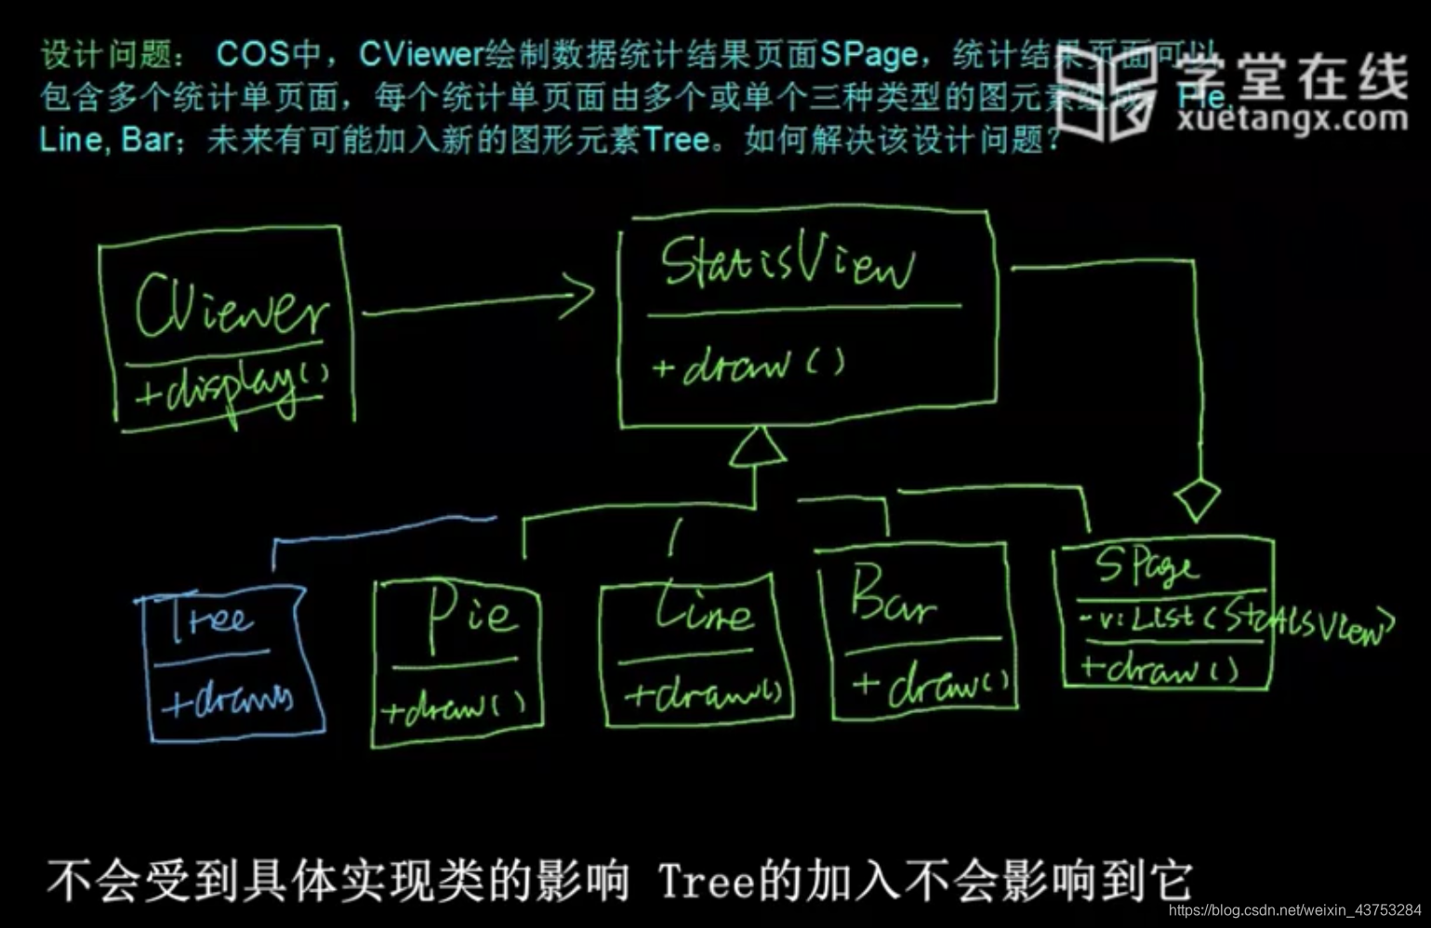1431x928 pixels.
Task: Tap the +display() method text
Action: tap(232, 386)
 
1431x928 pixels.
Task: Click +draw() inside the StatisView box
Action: tap(749, 365)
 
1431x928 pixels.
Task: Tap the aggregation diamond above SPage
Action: tap(1197, 499)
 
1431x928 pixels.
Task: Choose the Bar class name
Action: tap(890, 596)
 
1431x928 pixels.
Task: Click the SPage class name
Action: tap(1146, 564)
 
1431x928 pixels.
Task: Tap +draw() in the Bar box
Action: tap(933, 684)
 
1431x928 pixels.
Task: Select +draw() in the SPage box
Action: tap(1159, 668)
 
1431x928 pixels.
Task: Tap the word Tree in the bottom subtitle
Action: tap(706, 880)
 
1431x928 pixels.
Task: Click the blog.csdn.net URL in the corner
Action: tap(1293, 910)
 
